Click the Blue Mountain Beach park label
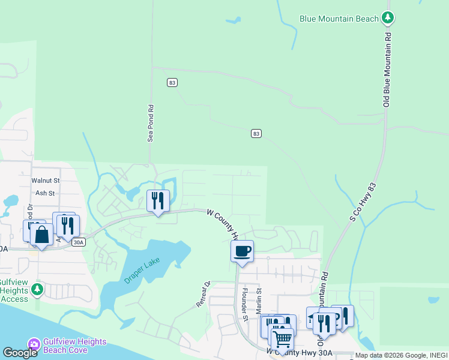coord(339,19)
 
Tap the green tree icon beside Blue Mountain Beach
coord(389,18)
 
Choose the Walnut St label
coord(46,180)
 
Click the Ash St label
coord(45,193)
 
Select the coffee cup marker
coord(242,251)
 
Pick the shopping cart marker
coord(282,339)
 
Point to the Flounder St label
coord(245,305)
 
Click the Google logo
coord(20,353)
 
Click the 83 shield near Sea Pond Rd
coord(172,82)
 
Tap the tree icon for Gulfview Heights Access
coord(37,290)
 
